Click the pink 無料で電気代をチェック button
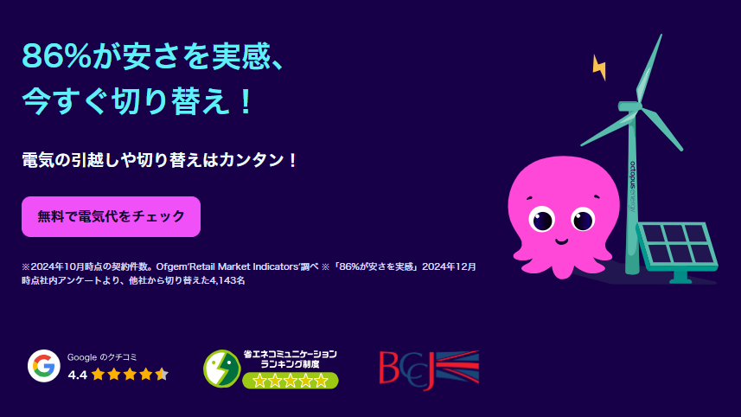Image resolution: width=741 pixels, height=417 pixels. pos(111,216)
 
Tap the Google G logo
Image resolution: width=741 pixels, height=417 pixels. pos(43,366)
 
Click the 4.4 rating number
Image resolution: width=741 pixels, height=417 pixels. pos(77,375)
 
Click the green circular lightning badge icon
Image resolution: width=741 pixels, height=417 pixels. pos(221,368)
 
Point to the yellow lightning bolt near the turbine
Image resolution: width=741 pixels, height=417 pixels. pos(598,67)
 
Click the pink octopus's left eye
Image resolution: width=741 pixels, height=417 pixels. pos(543,219)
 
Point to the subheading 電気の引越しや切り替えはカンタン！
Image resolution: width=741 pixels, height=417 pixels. pos(160,160)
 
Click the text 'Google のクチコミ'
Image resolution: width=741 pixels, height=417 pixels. pos(102,356)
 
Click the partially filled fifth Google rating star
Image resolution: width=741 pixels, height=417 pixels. pos(162,375)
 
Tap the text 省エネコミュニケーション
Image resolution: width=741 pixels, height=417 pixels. pos(290,354)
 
